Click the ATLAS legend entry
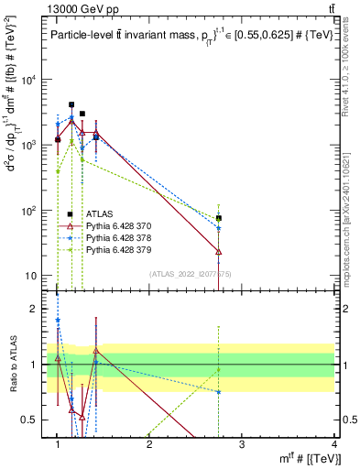click(x=100, y=213)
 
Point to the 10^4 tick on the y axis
click(x=31, y=80)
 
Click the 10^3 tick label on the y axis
click(x=31, y=146)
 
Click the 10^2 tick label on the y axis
click(x=31, y=211)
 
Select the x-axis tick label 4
click(x=335, y=444)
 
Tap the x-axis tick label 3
click(x=242, y=444)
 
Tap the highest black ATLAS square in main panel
click(x=71, y=104)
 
